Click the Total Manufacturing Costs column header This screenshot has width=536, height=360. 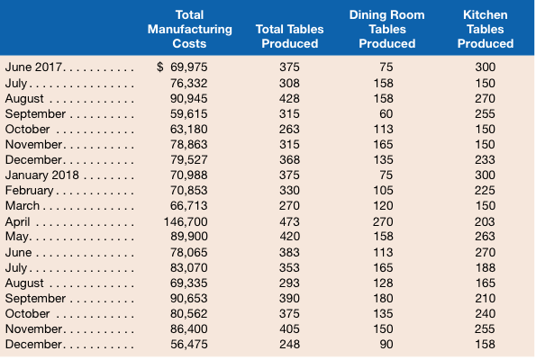188,29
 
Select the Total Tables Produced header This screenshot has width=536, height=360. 290,37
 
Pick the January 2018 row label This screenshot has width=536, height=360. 42,174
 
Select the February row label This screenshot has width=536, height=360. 31,189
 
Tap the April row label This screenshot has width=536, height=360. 19,220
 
